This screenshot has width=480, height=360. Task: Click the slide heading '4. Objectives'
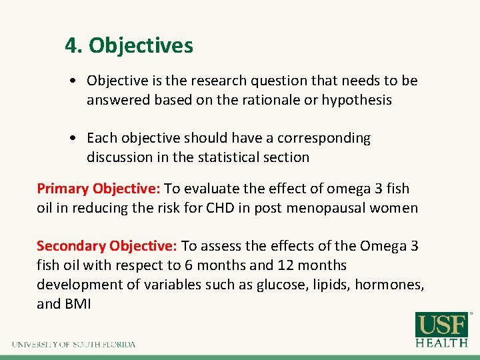(129, 45)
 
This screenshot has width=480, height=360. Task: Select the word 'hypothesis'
(357, 100)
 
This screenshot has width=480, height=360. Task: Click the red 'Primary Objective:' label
(98, 189)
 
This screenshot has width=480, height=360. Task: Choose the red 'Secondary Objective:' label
(107, 246)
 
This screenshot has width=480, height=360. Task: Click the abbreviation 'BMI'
(77, 304)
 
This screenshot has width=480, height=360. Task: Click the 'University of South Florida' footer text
(73, 344)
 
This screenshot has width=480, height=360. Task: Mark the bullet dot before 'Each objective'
(79, 139)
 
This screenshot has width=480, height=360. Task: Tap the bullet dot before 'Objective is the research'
(79, 81)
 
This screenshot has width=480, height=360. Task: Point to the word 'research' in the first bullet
(219, 81)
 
